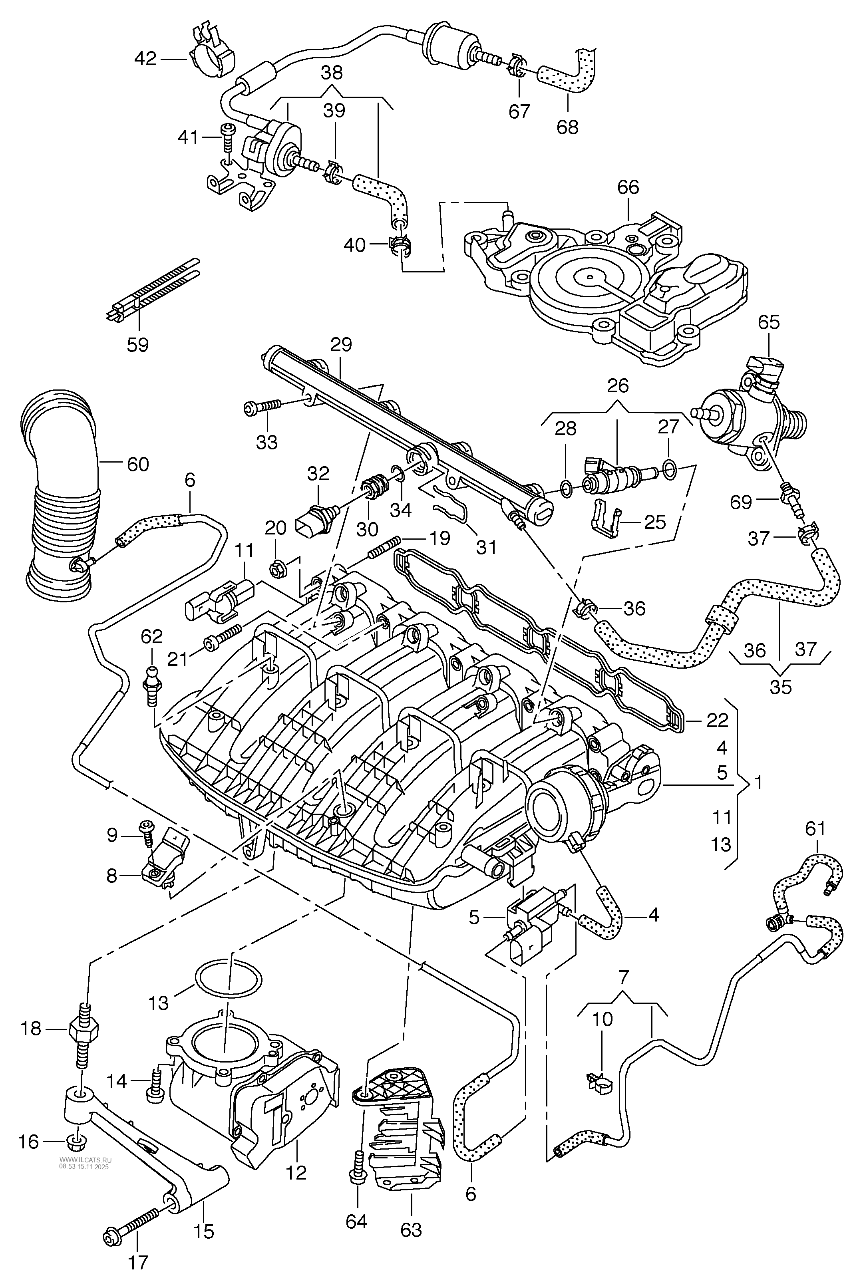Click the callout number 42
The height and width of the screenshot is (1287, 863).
145,58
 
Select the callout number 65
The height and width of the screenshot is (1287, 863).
768,322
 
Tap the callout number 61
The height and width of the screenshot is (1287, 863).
815,828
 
